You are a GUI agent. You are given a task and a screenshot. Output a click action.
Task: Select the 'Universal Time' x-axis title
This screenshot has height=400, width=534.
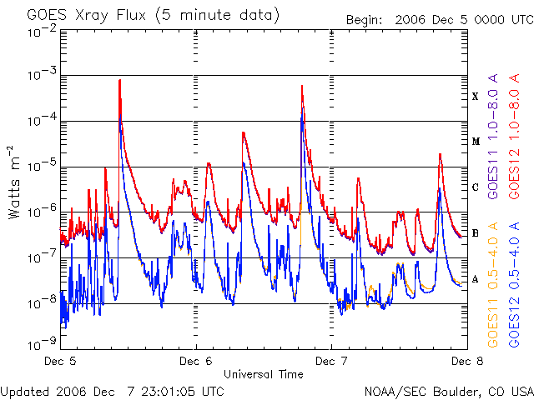[x=263, y=374]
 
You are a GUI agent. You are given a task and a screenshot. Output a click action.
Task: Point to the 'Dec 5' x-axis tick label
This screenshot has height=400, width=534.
[x=62, y=362]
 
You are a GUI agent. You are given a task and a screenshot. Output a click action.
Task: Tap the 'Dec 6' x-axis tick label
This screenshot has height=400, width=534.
[x=196, y=362]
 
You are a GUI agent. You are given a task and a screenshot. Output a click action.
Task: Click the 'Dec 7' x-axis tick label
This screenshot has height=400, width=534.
[x=330, y=362]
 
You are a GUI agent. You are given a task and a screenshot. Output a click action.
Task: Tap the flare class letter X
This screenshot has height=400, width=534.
[x=475, y=97]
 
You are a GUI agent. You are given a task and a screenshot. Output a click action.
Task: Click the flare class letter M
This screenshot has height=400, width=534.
[x=475, y=142]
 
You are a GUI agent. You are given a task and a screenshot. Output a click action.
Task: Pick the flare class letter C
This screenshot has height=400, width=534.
[x=475, y=187]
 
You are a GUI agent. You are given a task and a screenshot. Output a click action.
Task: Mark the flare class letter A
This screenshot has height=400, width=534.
[x=475, y=279]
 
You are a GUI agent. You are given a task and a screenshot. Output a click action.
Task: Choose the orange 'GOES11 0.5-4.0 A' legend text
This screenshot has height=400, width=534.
[x=493, y=284]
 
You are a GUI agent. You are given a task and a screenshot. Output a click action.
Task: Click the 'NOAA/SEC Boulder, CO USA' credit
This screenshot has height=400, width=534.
[x=448, y=391]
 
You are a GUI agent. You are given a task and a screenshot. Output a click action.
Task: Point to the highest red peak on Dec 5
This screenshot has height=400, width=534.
[x=120, y=80]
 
